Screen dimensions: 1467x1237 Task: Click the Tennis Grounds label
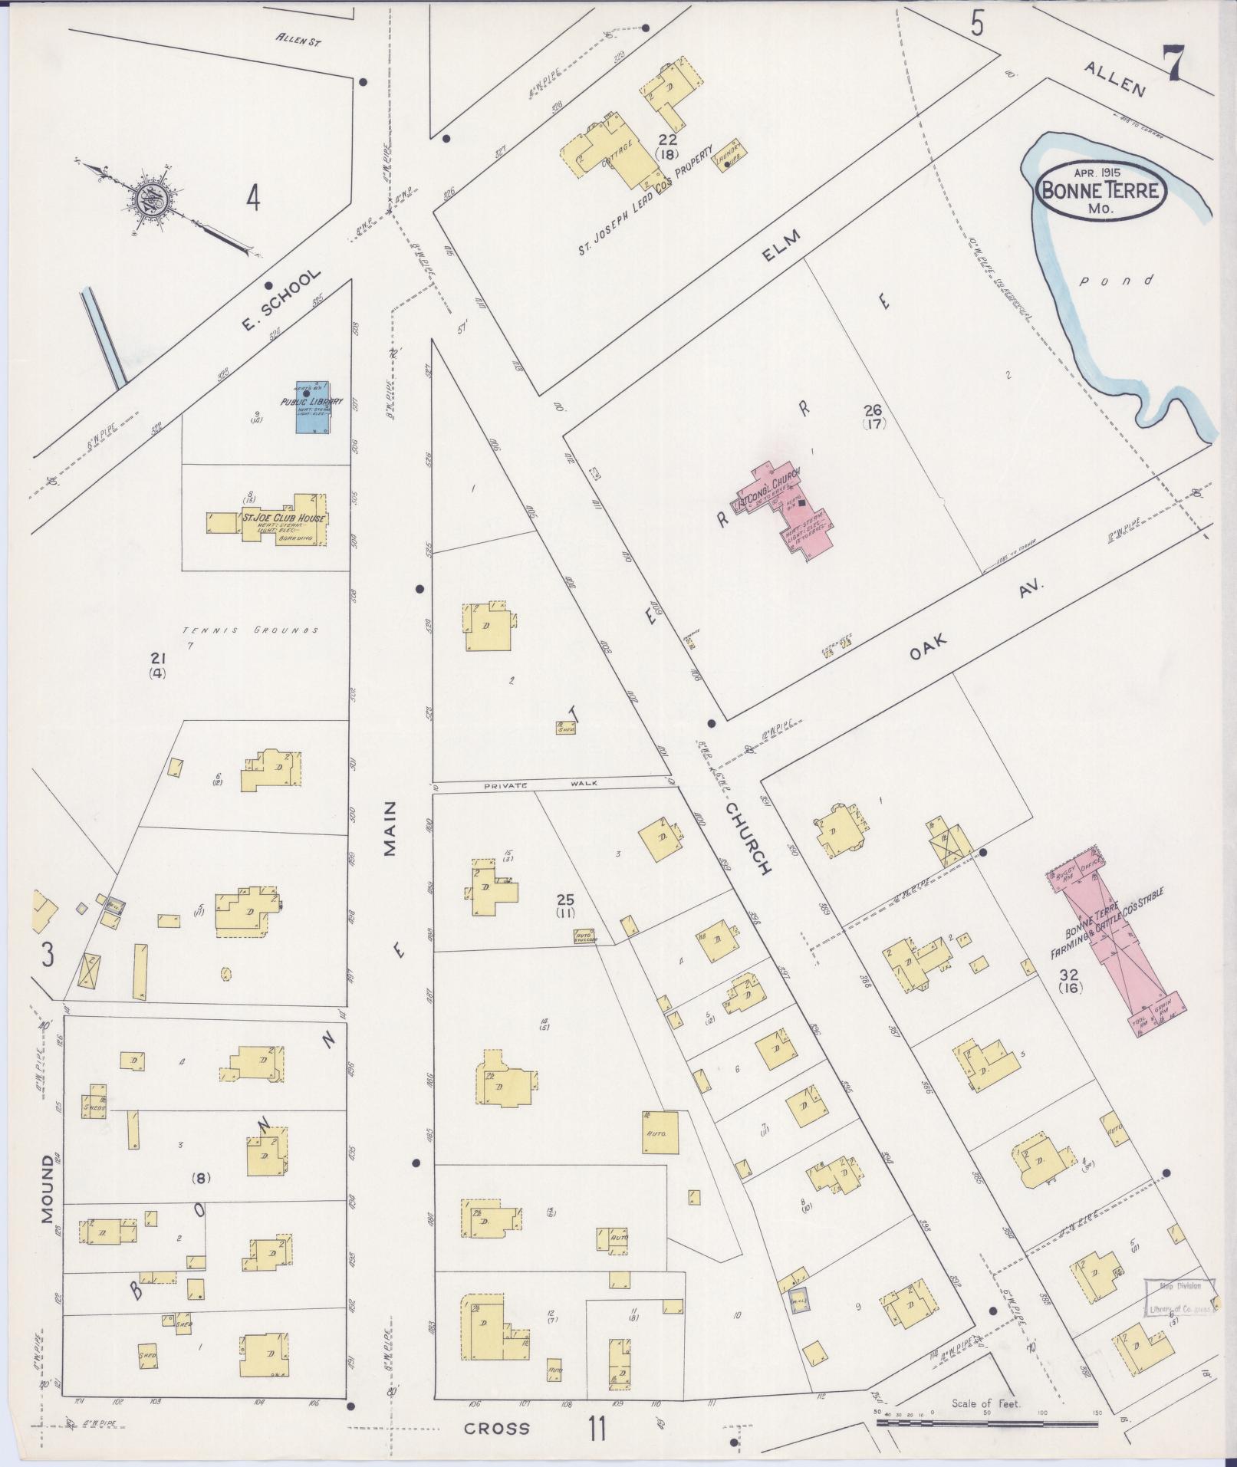250,631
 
